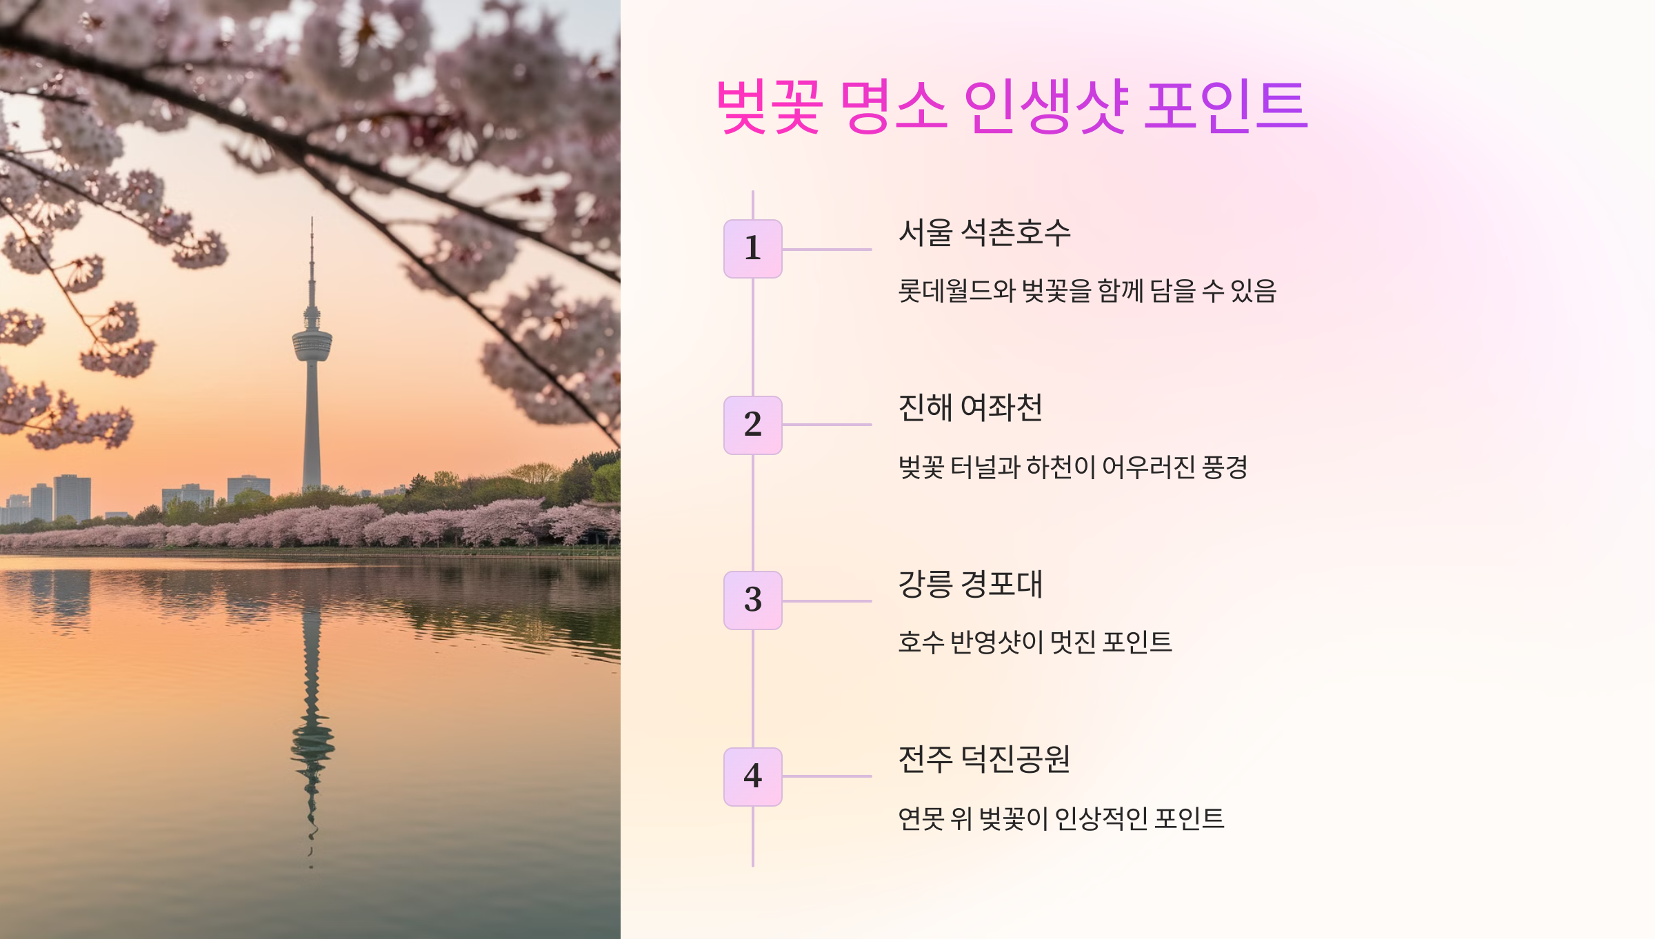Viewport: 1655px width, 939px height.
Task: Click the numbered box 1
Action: click(752, 249)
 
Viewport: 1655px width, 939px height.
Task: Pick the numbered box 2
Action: click(752, 425)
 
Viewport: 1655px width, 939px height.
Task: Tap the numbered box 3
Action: click(752, 600)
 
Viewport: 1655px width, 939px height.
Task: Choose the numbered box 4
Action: click(752, 776)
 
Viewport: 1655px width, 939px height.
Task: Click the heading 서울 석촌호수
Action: click(984, 232)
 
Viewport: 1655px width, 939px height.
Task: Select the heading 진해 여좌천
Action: click(970, 408)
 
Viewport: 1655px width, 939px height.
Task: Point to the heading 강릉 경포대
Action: click(970, 584)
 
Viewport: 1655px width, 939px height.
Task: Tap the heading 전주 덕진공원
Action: click(984, 760)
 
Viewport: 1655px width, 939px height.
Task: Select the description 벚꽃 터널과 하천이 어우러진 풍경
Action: click(1072, 467)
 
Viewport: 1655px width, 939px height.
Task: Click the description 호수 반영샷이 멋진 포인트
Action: click(1034, 643)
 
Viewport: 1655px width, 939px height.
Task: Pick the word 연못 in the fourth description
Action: click(921, 819)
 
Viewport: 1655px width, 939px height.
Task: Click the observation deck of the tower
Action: click(312, 343)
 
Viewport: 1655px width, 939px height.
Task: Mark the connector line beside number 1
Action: click(827, 249)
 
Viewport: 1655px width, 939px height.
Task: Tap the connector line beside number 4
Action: click(827, 776)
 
